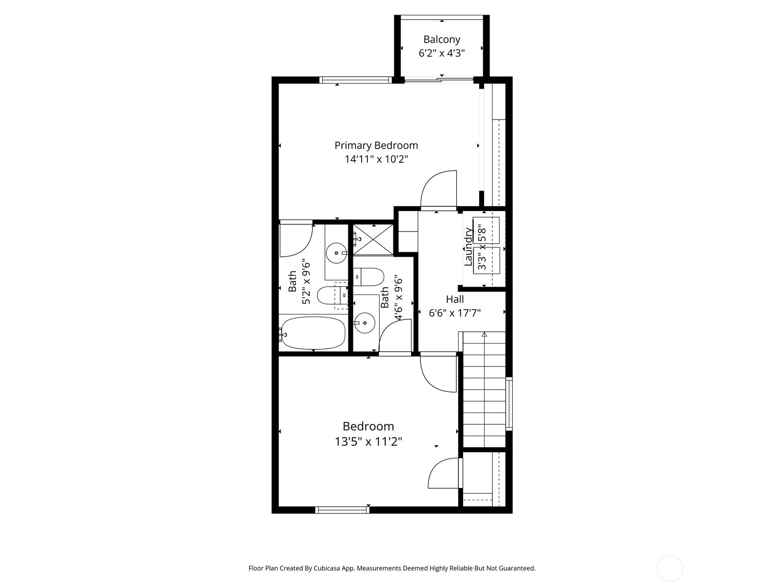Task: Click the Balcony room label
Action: [x=441, y=39]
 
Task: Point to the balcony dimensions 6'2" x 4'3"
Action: [x=441, y=53]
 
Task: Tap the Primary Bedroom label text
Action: [x=376, y=146]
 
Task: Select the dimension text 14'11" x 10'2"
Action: [x=376, y=159]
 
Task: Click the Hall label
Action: [x=455, y=299]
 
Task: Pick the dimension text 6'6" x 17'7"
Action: [x=455, y=313]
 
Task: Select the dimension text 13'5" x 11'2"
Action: [x=368, y=442]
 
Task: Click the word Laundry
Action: [x=468, y=246]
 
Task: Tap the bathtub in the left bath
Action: [x=313, y=333]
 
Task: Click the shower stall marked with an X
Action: [x=373, y=240]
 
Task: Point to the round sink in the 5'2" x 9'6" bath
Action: [x=337, y=253]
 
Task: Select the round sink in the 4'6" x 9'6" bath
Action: [x=365, y=323]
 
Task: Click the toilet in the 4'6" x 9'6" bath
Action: [x=368, y=277]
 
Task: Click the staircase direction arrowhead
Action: [x=484, y=335]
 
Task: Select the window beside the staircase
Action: [x=509, y=403]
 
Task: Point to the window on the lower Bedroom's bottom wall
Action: [x=342, y=510]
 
